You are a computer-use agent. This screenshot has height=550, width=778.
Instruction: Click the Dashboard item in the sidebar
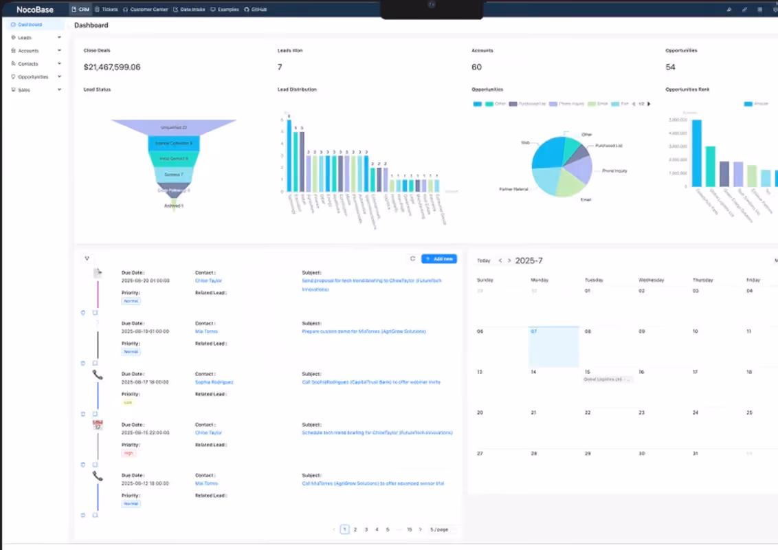point(30,25)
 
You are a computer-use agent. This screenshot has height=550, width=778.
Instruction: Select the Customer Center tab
point(146,10)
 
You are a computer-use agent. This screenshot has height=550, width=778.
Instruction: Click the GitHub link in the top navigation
point(256,10)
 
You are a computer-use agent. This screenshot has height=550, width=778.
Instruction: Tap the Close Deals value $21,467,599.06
point(112,67)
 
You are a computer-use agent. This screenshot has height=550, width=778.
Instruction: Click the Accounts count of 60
point(476,67)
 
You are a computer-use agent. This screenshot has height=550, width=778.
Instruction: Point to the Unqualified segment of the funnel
point(173,127)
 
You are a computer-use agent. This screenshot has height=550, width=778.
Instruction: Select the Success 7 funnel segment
point(173,174)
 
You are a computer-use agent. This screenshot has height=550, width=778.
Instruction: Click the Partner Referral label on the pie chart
point(513,188)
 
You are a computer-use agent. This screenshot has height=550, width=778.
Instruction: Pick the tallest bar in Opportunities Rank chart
point(696,153)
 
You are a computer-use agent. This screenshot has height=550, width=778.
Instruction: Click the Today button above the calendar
point(484,261)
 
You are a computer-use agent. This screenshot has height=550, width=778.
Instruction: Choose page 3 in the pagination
point(366,529)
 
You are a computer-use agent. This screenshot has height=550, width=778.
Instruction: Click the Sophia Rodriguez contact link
point(214,382)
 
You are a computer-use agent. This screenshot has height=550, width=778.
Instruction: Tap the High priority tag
point(129,453)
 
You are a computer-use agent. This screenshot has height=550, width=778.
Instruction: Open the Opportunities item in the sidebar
point(33,77)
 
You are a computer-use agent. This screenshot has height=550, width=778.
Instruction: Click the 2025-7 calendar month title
point(529,261)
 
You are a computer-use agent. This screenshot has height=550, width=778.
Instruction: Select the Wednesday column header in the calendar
point(651,280)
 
